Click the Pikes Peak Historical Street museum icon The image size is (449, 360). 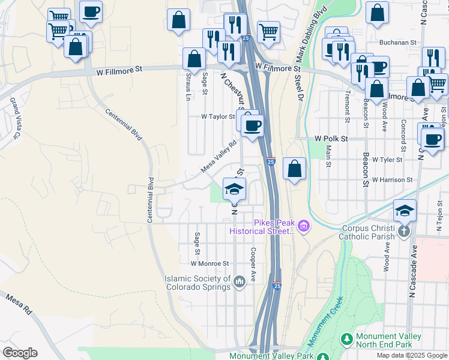tap(304, 226)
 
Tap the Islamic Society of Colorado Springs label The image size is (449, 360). tap(198, 283)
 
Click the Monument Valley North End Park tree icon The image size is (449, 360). tap(346, 340)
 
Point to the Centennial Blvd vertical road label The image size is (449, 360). tap(151, 200)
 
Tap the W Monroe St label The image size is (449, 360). tap(210, 263)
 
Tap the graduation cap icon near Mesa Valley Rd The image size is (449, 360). tap(234, 190)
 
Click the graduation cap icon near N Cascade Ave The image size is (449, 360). tap(405, 210)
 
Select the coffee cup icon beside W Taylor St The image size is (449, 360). tap(253, 125)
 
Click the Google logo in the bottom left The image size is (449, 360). tap(20, 353)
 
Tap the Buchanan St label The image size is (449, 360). tap(398, 43)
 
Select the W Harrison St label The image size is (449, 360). tap(392, 179)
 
